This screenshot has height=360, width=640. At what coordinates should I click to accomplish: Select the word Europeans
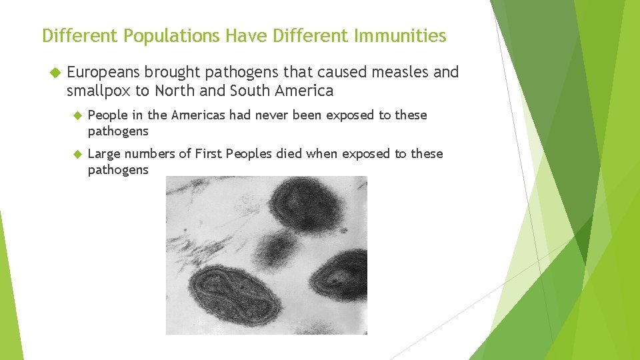(x=103, y=72)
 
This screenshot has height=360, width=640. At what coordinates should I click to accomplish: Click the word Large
(x=104, y=154)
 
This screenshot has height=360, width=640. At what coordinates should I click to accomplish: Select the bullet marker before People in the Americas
(x=77, y=115)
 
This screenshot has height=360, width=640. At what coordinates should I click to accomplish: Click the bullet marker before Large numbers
(x=77, y=154)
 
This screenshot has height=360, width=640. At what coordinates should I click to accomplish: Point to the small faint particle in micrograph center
(x=275, y=247)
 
